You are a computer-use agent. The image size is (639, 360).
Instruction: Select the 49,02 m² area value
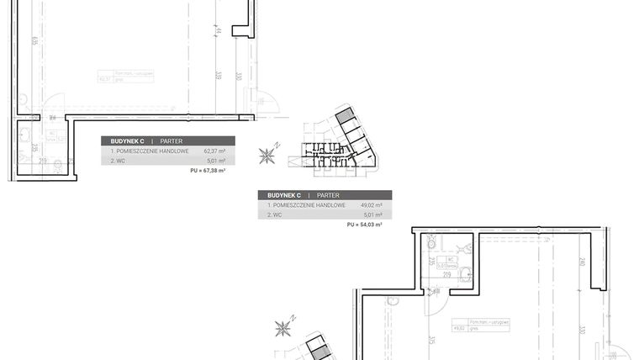click(372, 204)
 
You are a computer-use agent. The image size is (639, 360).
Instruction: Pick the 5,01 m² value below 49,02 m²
click(373, 214)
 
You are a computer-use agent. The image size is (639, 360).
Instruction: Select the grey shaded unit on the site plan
click(344, 117)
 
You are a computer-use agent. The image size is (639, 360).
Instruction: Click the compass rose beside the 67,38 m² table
click(268, 155)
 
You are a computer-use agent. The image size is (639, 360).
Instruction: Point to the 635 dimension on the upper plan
click(33, 40)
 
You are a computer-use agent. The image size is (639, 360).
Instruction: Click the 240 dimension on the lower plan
click(582, 261)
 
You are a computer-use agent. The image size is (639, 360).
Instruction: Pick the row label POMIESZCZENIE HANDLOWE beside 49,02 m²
click(309, 204)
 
